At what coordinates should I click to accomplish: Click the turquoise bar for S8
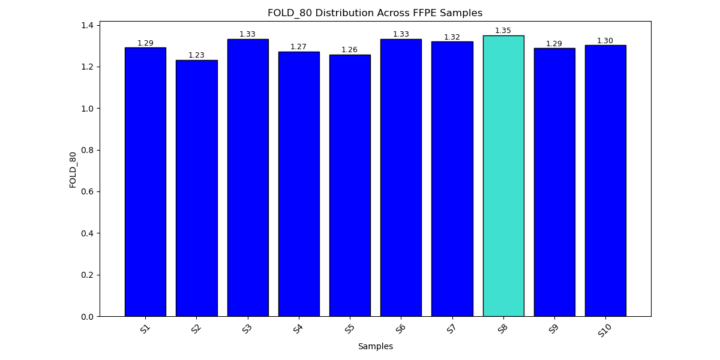pyautogui.click(x=503, y=176)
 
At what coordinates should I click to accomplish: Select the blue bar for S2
pyautogui.click(x=196, y=188)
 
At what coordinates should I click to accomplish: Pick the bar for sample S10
pyautogui.click(x=605, y=181)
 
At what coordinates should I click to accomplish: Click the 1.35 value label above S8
pyautogui.click(x=503, y=31)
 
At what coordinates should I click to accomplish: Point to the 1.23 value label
pyautogui.click(x=196, y=55)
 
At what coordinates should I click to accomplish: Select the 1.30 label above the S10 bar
pyautogui.click(x=605, y=41)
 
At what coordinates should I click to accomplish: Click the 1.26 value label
pyautogui.click(x=350, y=50)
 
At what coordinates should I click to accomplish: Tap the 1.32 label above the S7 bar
pyautogui.click(x=452, y=37)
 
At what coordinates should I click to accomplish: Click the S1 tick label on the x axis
pyautogui.click(x=145, y=328)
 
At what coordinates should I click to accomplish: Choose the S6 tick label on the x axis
pyautogui.click(x=401, y=328)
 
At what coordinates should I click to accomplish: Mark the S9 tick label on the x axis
pyautogui.click(x=554, y=328)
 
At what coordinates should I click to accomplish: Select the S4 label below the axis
pyautogui.click(x=299, y=328)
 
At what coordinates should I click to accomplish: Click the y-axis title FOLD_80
pyautogui.click(x=73, y=169)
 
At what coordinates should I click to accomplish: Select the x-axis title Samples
pyautogui.click(x=375, y=346)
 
